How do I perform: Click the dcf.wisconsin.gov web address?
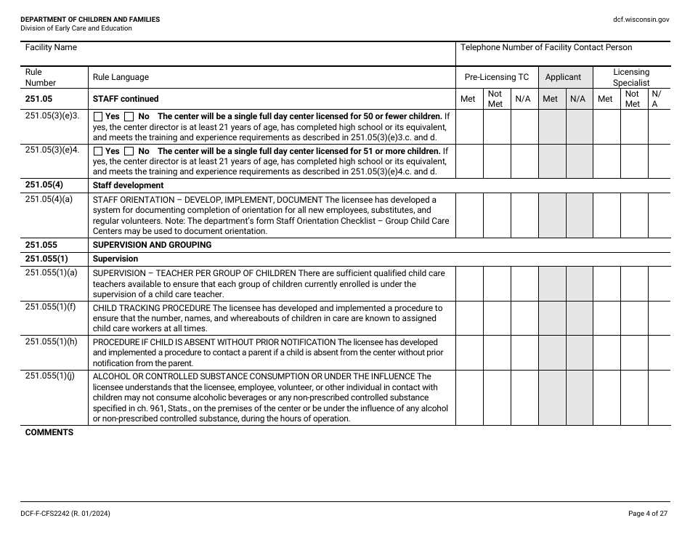pos(641,20)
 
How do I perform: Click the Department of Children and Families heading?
pos(90,20)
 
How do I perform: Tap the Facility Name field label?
pos(51,48)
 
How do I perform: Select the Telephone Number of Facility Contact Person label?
pos(546,48)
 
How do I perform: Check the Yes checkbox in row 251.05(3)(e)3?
pos(98,116)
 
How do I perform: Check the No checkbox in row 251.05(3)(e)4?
pos(129,151)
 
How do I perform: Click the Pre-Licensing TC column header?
pos(497,77)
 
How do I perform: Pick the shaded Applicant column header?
pos(563,77)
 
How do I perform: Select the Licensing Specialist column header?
pos(631,77)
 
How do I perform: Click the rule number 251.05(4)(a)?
pos(49,200)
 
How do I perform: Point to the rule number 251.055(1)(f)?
pos(50,307)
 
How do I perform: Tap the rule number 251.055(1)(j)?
pos(50,376)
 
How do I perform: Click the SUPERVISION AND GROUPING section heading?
pos(152,245)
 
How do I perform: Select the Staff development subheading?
pos(128,185)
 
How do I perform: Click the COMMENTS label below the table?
pos(49,432)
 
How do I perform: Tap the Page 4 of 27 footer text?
pos(647,514)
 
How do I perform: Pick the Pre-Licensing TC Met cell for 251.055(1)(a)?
pos(469,283)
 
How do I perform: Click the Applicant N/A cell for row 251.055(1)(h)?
pos(578,352)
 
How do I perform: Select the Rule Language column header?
pos(121,77)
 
